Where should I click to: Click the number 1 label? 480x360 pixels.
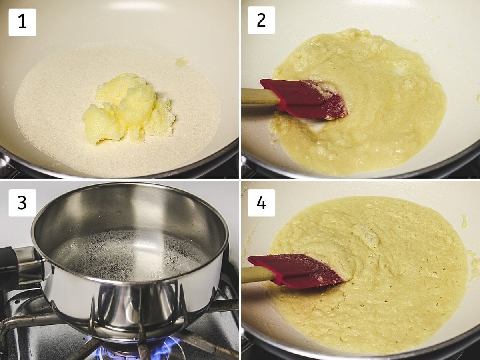(22, 22)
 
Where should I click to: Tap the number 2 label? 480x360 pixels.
(261, 20)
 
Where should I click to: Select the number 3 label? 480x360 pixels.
(22, 203)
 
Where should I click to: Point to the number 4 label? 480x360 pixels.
(261, 203)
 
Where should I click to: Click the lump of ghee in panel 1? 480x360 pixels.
(128, 108)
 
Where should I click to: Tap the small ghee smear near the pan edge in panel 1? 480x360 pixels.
(182, 61)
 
